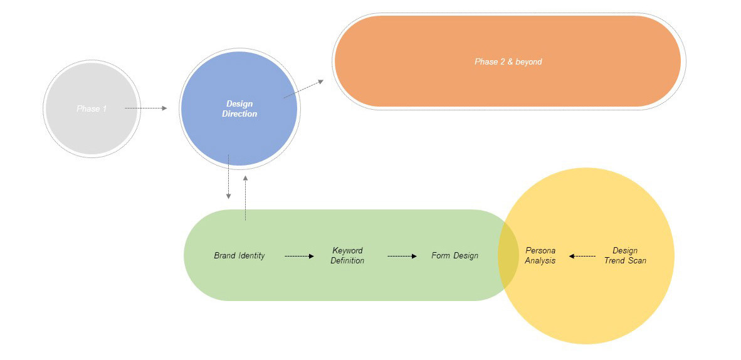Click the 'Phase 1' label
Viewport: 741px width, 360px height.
(x=92, y=109)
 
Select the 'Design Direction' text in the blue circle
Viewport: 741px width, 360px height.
(x=239, y=109)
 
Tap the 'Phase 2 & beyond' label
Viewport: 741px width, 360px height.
(x=508, y=62)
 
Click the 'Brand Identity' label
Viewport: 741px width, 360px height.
(x=239, y=256)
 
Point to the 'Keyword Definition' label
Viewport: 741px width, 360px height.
(x=347, y=256)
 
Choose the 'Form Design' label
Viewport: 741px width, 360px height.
(x=455, y=256)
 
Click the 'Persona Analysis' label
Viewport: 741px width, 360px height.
(x=540, y=256)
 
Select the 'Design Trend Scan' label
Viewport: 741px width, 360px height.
(x=625, y=256)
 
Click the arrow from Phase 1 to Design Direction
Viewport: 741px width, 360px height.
(x=146, y=109)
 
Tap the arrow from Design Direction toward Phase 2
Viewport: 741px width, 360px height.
(x=304, y=89)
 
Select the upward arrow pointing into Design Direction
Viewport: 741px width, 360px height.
(x=245, y=198)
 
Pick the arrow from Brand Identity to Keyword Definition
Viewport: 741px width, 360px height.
(x=299, y=256)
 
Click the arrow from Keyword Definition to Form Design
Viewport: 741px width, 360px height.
(x=402, y=256)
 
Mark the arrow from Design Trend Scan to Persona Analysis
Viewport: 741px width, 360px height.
(x=582, y=256)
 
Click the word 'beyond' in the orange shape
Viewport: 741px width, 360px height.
(x=528, y=62)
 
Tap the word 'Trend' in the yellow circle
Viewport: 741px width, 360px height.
(x=616, y=260)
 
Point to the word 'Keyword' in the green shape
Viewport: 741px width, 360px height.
(x=347, y=251)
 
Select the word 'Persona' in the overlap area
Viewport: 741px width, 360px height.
(x=540, y=251)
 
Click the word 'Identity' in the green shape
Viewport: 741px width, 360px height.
(x=251, y=256)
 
